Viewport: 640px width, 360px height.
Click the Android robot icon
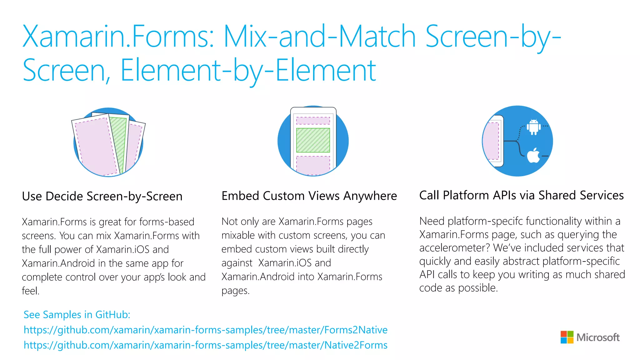[534, 127]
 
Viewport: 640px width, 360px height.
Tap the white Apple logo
[533, 155]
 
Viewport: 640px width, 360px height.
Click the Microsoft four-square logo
[567, 337]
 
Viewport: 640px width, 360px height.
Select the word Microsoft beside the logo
[598, 337]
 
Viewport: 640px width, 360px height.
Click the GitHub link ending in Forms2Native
[205, 330]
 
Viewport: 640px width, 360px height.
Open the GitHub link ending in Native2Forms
[205, 345]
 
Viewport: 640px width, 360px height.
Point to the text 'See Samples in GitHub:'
[77, 315]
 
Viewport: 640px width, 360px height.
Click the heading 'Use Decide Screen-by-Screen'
[102, 196]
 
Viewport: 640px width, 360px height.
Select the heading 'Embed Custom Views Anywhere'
[309, 196]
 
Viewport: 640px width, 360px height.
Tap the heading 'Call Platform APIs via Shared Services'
[521, 195]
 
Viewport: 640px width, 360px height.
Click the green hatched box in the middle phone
[313, 140]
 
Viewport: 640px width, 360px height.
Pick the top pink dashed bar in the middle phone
[313, 121]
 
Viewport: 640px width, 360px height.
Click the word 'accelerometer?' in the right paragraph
[454, 248]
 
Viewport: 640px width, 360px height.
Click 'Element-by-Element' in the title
[248, 71]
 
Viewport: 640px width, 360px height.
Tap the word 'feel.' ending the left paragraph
[31, 291]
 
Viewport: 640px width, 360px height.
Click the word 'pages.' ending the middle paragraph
[235, 291]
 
